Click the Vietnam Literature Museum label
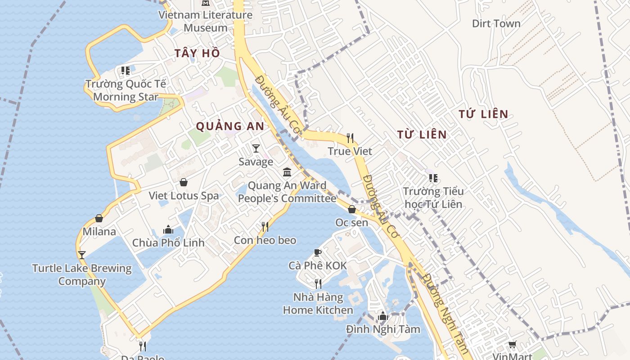click(206, 21)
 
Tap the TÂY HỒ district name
click(198, 53)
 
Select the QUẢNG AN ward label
click(230, 126)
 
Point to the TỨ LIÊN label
click(484, 114)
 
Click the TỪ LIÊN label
click(422, 135)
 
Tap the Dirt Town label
click(496, 23)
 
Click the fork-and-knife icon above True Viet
click(350, 138)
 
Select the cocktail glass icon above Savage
click(256, 148)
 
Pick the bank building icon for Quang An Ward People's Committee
click(287, 172)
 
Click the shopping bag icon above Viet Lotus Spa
click(184, 182)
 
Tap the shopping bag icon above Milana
click(99, 218)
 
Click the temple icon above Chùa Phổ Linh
click(168, 229)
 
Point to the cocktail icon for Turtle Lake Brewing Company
click(82, 255)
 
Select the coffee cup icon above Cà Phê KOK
click(318, 252)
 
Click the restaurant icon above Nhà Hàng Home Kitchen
click(318, 283)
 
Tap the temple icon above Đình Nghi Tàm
click(383, 316)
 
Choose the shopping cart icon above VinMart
click(512, 345)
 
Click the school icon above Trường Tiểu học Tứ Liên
click(433, 178)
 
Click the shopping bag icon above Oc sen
click(352, 209)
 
